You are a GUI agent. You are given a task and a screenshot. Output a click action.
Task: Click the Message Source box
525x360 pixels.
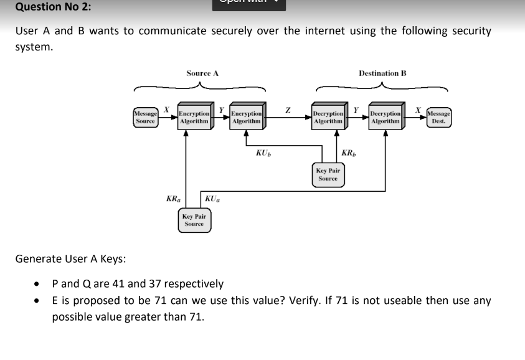click(x=144, y=118)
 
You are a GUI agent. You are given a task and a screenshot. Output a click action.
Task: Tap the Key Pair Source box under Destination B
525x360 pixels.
click(x=328, y=174)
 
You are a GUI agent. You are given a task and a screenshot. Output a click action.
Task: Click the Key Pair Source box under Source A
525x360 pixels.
click(x=194, y=219)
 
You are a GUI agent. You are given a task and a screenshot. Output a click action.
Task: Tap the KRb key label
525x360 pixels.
click(x=349, y=152)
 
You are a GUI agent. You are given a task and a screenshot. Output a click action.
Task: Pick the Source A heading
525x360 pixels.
click(x=202, y=73)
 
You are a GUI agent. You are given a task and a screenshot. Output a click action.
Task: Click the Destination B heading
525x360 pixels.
click(x=382, y=73)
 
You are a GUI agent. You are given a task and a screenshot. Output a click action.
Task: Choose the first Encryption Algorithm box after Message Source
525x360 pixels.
click(x=193, y=118)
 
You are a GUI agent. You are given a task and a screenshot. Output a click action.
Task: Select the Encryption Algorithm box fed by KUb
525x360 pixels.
click(x=246, y=118)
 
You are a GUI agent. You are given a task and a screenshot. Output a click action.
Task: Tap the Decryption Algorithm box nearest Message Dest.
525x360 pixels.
click(x=385, y=118)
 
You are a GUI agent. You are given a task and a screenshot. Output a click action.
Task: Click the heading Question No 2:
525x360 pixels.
click(x=45, y=7)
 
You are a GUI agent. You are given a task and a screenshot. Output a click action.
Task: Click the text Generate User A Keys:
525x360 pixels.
click(x=70, y=258)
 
